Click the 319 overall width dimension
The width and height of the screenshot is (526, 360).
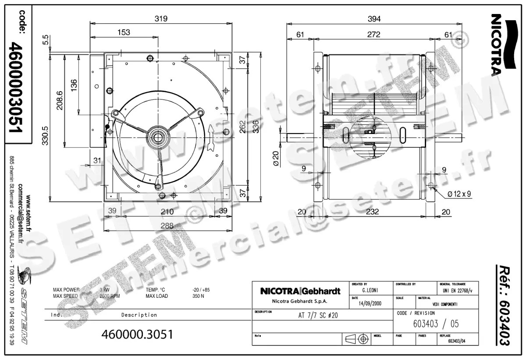[161, 19]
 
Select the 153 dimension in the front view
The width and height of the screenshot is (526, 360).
[124, 32]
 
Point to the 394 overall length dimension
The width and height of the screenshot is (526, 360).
[373, 19]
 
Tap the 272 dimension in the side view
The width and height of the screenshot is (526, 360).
[373, 35]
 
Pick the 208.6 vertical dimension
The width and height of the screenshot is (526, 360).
[60, 101]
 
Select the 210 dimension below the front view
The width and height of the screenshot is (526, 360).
[167, 212]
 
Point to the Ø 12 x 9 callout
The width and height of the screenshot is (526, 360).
[458, 194]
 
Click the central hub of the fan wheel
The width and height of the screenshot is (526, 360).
[156, 137]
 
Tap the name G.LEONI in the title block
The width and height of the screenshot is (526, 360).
[371, 290]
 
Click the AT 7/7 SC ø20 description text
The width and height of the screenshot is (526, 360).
[315, 314]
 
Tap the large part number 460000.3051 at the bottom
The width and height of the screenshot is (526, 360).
[137, 334]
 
